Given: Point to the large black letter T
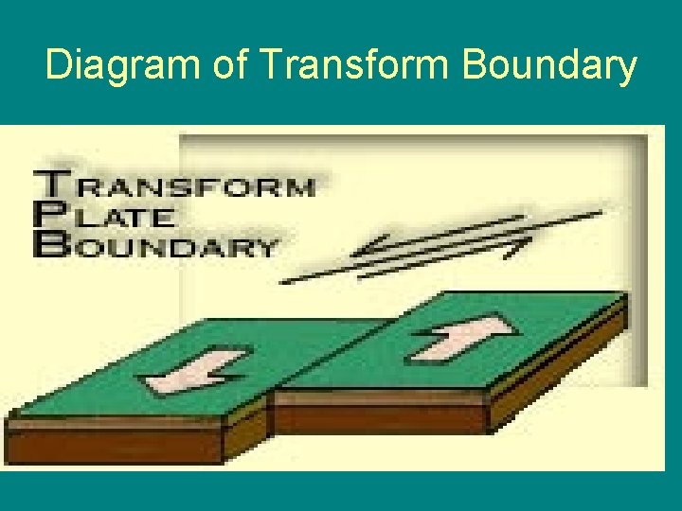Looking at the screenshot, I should point(48,185).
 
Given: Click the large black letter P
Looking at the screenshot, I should point(46,216).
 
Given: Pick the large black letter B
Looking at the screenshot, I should point(47,245).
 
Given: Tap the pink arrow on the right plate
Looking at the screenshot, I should point(462,337).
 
